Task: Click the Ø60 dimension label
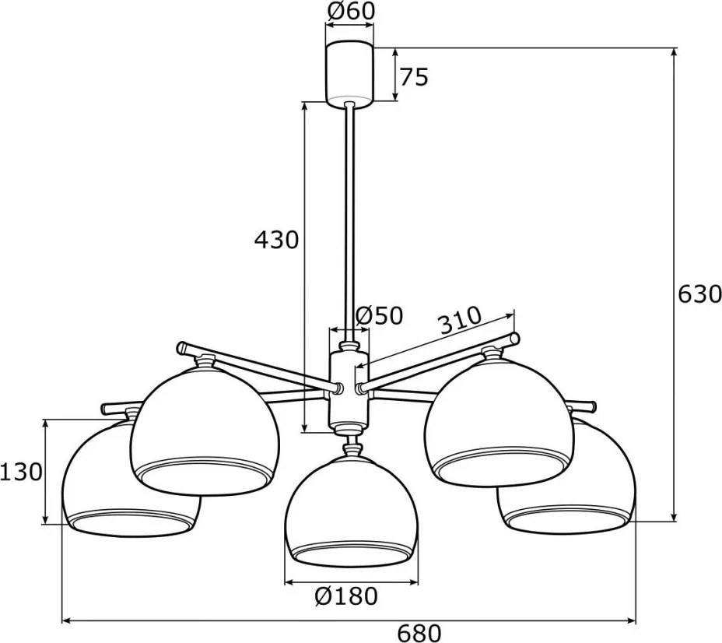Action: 350,11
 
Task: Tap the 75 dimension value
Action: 413,77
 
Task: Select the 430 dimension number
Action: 277,240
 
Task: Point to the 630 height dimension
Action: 699,294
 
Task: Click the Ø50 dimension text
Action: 380,315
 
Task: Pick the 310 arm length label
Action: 460,319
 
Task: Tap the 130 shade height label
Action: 22,472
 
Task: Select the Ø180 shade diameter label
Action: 346,596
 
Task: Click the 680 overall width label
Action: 419,634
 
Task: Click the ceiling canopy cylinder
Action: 350,74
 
